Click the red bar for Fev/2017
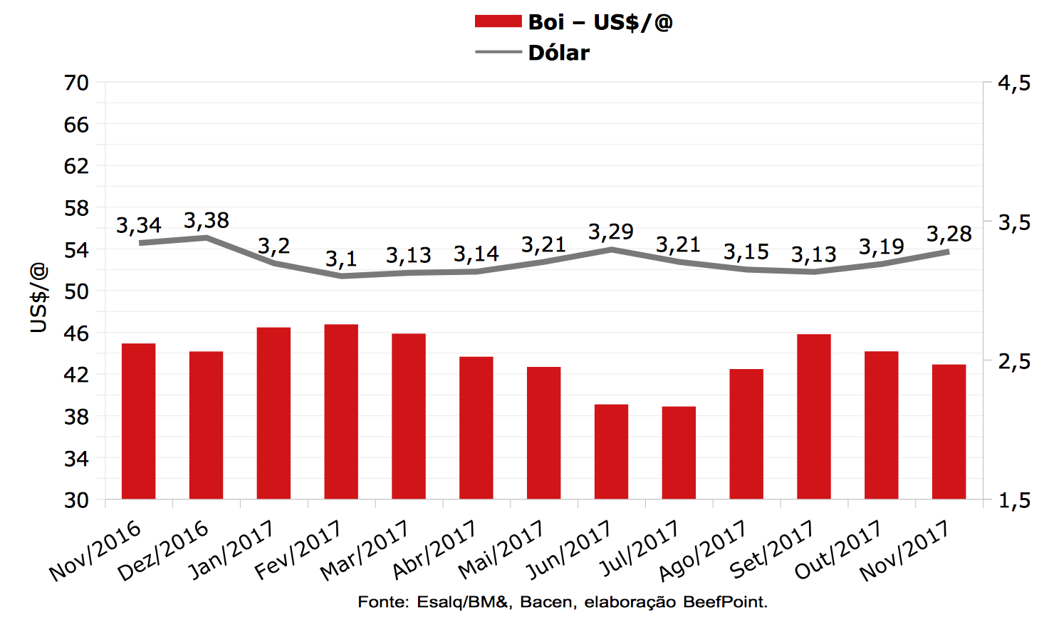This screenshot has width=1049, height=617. [x=341, y=411]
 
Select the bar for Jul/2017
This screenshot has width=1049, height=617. [x=679, y=452]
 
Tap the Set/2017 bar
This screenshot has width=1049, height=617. [x=814, y=416]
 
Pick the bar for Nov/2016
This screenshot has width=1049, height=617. [x=139, y=420]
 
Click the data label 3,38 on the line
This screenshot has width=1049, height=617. [x=207, y=221]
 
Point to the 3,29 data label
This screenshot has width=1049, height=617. [x=611, y=232]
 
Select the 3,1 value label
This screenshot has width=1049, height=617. [x=341, y=259]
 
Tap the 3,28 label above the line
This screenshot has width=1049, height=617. [x=949, y=234]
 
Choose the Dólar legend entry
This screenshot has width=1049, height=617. [x=558, y=53]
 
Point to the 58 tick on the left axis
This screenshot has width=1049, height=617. [x=76, y=208]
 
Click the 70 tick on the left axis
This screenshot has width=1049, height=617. [x=76, y=83]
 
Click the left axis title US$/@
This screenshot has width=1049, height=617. [x=38, y=298]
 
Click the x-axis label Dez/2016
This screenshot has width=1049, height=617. [x=163, y=551]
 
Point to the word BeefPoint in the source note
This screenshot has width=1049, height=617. [x=724, y=602]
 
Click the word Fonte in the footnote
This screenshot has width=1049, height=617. [x=382, y=602]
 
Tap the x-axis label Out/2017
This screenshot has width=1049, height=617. [x=838, y=550]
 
